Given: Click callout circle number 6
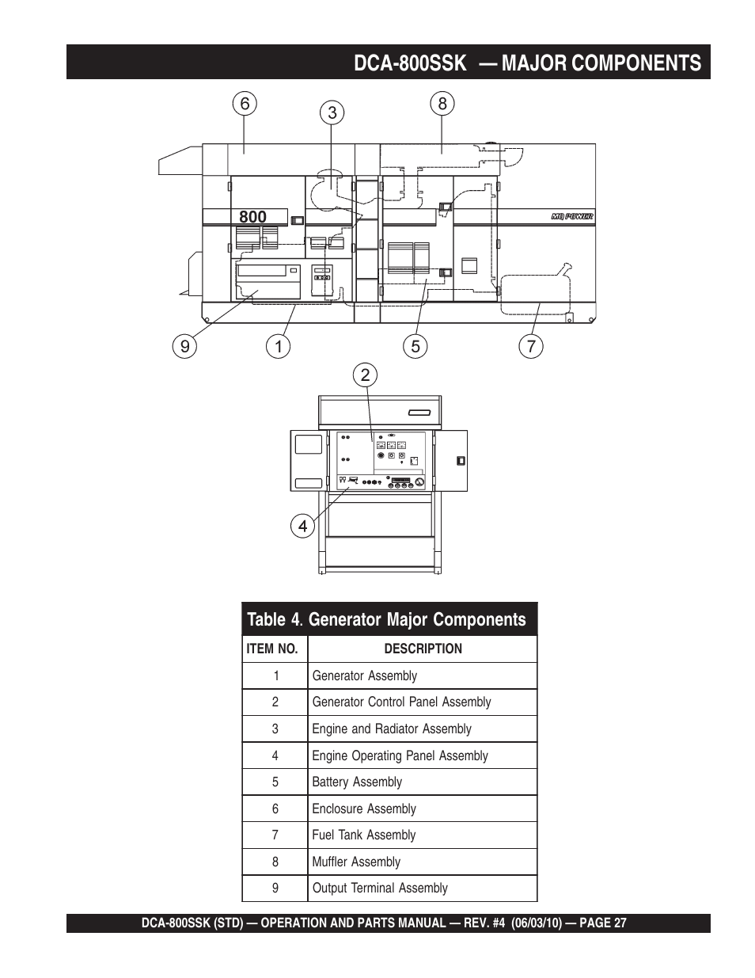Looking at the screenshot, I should tap(245, 104).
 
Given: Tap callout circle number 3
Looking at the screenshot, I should tap(332, 112).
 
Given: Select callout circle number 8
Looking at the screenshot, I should tap(442, 103).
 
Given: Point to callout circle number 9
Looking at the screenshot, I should tap(185, 346).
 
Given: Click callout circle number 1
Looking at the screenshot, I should tap(278, 346).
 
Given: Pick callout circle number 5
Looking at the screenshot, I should tap(415, 346).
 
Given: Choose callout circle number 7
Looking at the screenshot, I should tap(531, 346).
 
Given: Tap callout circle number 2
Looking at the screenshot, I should tap(365, 375).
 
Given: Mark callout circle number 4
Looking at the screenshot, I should tap(302, 526).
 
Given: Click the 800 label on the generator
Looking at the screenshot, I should tap(252, 217).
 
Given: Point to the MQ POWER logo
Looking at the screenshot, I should tap(571, 217).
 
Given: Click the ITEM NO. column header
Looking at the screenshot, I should tap(272, 649).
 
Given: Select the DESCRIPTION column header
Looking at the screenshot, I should tap(423, 649).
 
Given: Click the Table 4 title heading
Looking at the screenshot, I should tap(386, 620).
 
